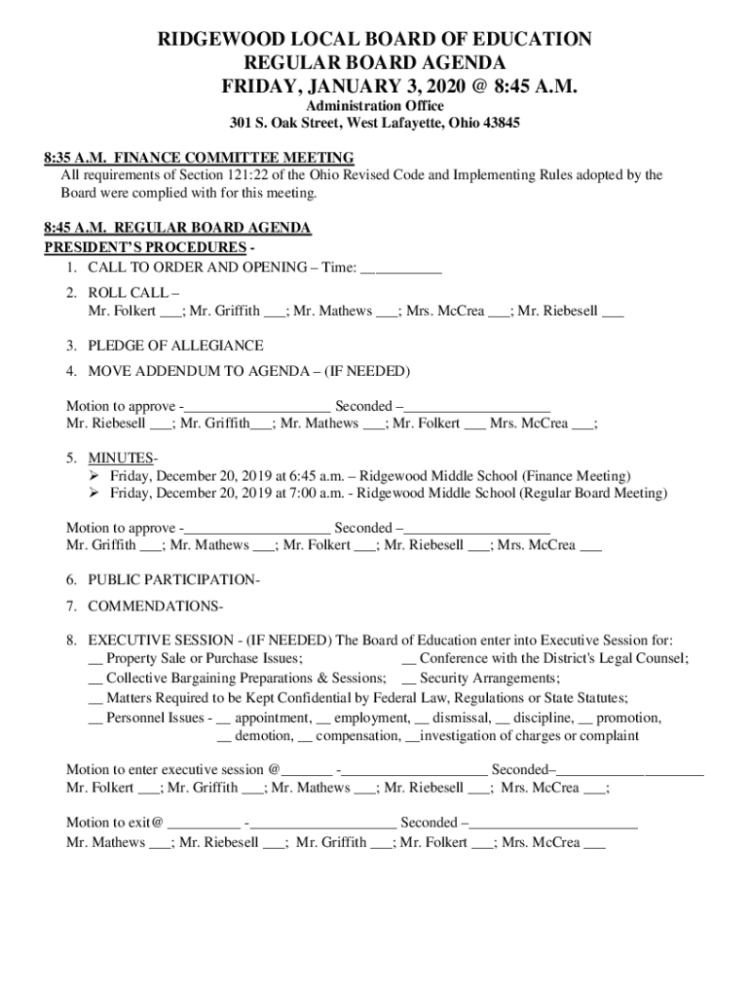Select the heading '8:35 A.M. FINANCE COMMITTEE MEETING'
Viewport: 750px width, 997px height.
point(199,158)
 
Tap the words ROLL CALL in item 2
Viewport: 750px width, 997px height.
point(128,292)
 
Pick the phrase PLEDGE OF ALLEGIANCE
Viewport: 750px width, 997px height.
point(175,346)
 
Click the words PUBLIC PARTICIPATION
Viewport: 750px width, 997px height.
point(172,579)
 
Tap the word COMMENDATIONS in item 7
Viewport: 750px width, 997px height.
point(154,606)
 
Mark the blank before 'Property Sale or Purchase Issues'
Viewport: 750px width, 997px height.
point(94,660)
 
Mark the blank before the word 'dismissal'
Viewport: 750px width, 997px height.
point(422,720)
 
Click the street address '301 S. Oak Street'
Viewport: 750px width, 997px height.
point(284,124)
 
